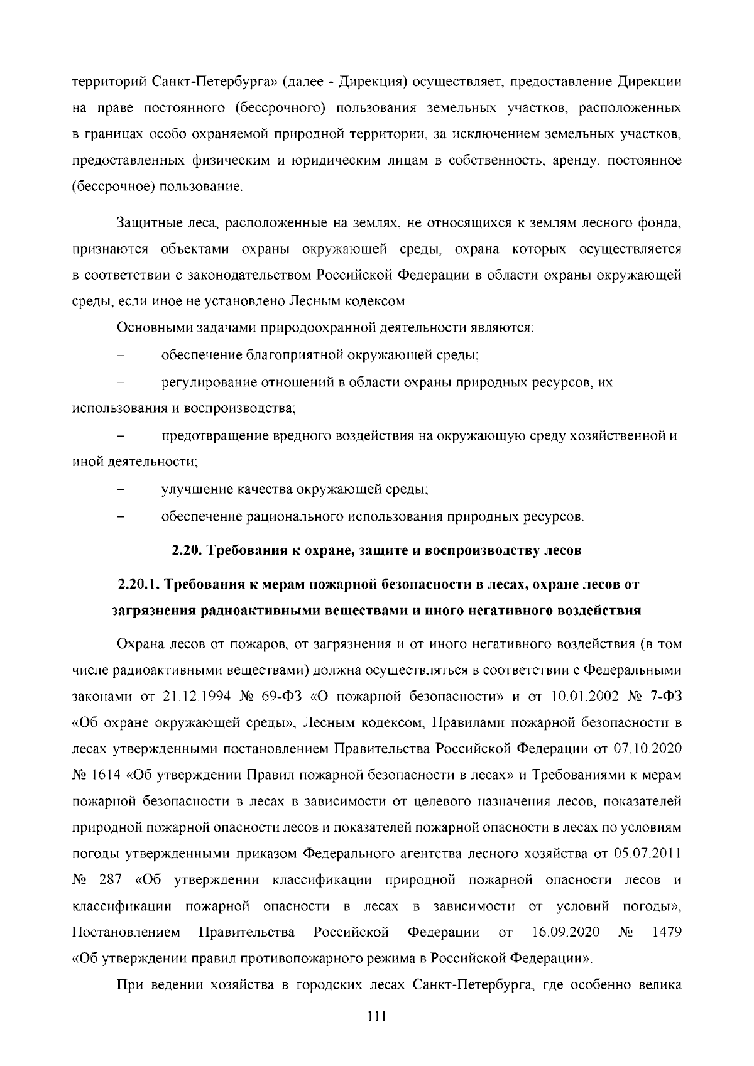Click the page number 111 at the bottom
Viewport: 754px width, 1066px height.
(376, 1016)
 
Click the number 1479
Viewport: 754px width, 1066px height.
(667, 932)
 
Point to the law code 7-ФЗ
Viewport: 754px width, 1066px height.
(664, 697)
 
